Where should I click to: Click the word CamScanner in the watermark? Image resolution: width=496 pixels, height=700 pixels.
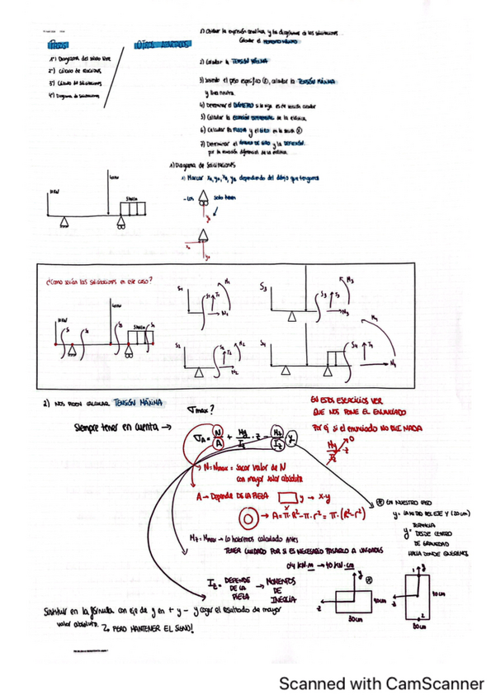coord(435,683)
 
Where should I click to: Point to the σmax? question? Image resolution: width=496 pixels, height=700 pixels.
coord(201,410)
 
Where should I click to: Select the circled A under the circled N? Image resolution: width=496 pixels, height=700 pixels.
coord(216,442)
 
